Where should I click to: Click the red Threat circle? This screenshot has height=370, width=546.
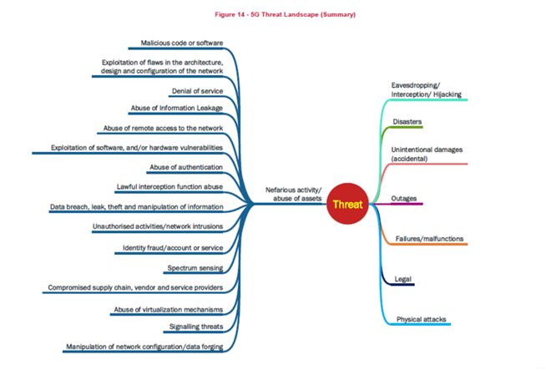[346, 203]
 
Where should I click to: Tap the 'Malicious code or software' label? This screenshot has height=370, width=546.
[181, 43]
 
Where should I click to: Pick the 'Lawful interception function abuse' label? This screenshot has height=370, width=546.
[169, 186]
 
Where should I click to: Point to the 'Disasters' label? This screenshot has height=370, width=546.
[407, 122]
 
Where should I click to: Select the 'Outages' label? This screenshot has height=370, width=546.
[404, 198]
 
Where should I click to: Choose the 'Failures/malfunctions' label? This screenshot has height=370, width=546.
[429, 238]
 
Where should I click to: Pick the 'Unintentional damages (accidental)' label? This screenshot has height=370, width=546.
[427, 155]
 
